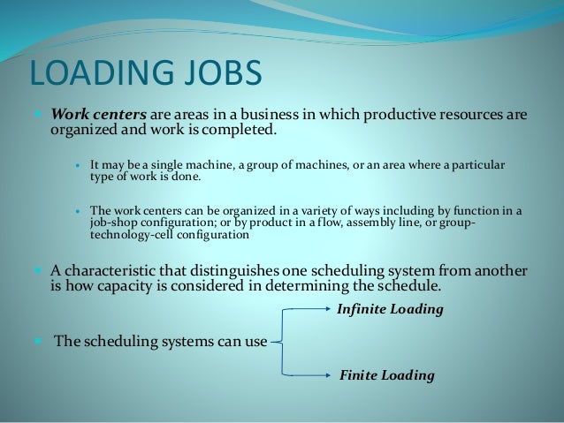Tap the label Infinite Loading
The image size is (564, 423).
390,310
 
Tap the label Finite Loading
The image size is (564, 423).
387,375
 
